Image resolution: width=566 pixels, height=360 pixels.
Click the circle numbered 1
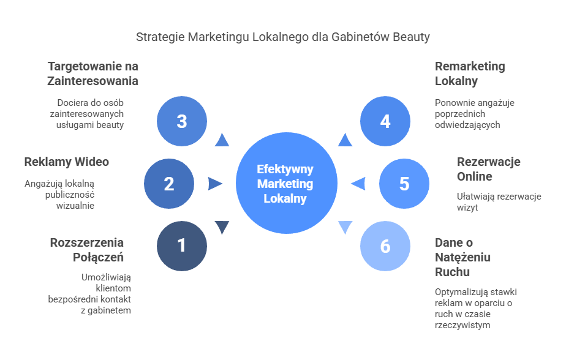pyautogui.click(x=182, y=246)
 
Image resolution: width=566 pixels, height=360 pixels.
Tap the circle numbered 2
pyautogui.click(x=169, y=184)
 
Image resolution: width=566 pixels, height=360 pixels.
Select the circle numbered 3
pyautogui.click(x=182, y=121)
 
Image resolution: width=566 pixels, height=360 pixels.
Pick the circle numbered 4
pyautogui.click(x=385, y=121)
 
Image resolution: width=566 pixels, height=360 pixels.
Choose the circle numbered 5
pyautogui.click(x=404, y=184)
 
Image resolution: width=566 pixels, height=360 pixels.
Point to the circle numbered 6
pyautogui.click(x=385, y=246)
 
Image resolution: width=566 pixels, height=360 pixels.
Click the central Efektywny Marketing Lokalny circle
pyautogui.click(x=287, y=184)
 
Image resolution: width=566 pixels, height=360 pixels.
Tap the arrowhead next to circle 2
pyautogui.click(x=215, y=184)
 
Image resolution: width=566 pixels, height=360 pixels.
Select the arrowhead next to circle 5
pyautogui.click(x=358, y=184)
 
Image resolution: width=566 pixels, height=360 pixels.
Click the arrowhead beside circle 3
pyautogui.click(x=222, y=140)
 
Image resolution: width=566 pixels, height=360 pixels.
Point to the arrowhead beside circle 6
pyautogui.click(x=345, y=228)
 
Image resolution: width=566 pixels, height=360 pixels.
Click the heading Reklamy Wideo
pyautogui.click(x=66, y=162)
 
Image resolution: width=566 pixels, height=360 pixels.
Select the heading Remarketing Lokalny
pyautogui.click(x=470, y=73)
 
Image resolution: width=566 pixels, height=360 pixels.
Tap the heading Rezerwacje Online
pyautogui.click(x=488, y=169)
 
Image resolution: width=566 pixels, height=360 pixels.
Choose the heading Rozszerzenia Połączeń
pyautogui.click(x=87, y=250)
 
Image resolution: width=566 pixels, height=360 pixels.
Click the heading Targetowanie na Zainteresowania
pyautogui.click(x=93, y=73)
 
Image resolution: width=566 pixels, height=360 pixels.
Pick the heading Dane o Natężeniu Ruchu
pyautogui.click(x=462, y=257)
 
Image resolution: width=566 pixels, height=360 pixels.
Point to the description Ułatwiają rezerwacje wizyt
pyautogui.click(x=498, y=202)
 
